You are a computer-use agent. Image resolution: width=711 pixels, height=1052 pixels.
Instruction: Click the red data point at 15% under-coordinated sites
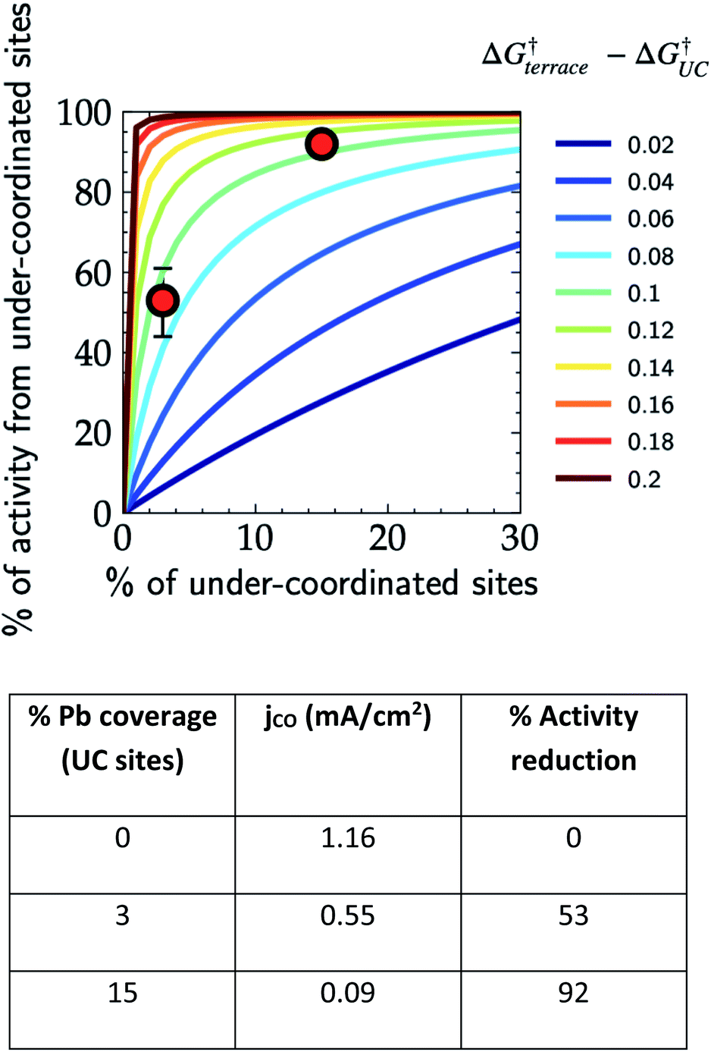point(321,144)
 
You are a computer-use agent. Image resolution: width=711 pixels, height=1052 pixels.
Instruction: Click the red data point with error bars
point(163,301)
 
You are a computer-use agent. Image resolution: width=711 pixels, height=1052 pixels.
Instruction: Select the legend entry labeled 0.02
point(615,144)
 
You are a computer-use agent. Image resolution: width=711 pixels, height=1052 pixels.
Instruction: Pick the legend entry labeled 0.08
point(615,256)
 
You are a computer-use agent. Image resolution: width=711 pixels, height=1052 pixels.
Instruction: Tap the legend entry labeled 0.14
point(615,368)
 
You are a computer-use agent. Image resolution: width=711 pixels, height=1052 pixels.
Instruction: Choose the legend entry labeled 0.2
point(615,479)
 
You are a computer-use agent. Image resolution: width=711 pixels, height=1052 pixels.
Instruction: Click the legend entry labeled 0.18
point(615,441)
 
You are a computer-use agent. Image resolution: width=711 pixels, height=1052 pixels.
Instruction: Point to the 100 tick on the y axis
point(84,114)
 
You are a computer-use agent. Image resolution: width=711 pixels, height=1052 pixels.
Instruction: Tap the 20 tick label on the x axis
point(387,539)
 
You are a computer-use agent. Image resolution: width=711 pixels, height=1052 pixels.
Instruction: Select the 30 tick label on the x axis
point(519,539)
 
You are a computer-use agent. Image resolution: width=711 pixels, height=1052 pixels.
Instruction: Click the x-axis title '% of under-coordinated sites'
point(322,583)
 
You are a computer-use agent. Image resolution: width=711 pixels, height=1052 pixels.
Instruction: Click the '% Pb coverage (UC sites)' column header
point(122,738)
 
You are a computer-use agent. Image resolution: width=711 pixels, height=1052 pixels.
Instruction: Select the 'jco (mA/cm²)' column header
point(348,717)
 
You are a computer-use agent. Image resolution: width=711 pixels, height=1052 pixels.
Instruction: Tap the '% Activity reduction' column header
point(573,738)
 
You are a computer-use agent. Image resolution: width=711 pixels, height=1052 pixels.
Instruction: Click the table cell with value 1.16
point(348,838)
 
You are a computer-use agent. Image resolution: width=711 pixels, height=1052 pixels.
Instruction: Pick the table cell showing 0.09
point(348,993)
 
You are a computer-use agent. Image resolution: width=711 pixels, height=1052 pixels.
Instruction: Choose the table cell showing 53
point(573,915)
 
